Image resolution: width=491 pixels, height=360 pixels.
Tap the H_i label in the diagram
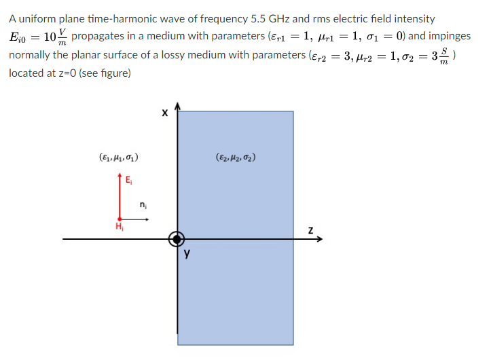point(119,227)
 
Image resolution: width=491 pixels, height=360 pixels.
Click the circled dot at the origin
point(177,238)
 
